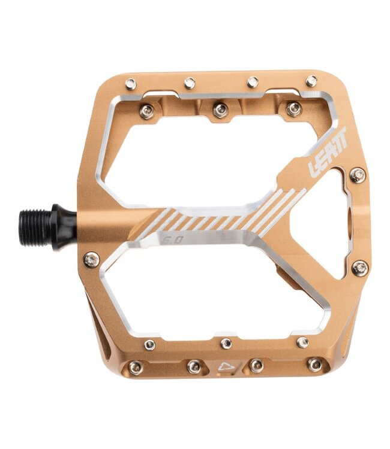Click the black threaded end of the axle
[36, 227]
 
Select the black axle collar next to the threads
[62, 227]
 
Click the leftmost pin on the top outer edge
[131, 84]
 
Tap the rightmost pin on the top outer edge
[311, 81]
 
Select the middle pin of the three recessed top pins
[220, 110]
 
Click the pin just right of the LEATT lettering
[358, 175]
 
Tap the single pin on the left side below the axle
[91, 259]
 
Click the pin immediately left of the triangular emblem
[194, 366]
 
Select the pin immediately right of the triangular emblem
[256, 365]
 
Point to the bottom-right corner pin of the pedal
[314, 363]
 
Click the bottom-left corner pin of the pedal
[136, 367]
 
